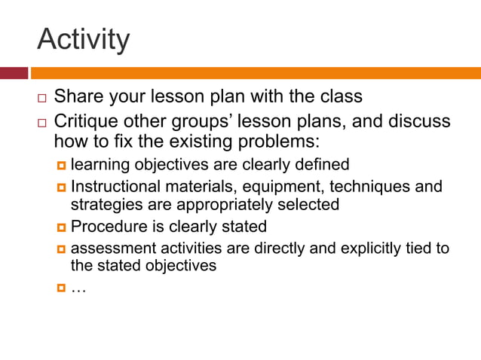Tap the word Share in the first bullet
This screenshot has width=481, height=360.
click(78, 97)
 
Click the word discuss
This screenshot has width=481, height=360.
click(417, 121)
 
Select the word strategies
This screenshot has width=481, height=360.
click(102, 204)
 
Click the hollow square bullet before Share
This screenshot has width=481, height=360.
click(42, 99)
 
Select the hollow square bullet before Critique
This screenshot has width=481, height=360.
click(42, 123)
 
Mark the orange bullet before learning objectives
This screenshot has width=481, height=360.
click(61, 164)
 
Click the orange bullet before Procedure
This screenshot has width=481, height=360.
click(61, 227)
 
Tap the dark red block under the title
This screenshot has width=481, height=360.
click(14, 73)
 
